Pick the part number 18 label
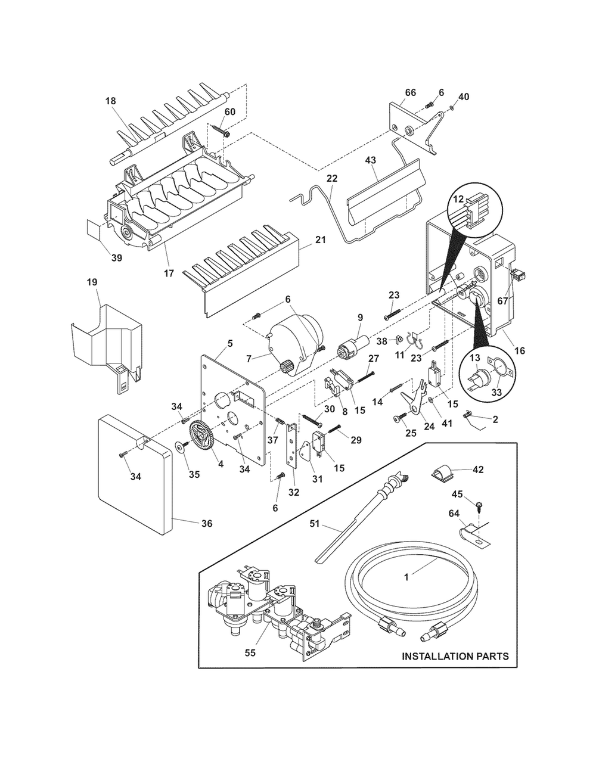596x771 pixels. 111,101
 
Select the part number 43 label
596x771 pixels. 370,160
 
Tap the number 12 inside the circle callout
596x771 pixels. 458,199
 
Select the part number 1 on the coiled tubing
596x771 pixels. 406,577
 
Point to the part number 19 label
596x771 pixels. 92,282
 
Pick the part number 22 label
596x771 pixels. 333,178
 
